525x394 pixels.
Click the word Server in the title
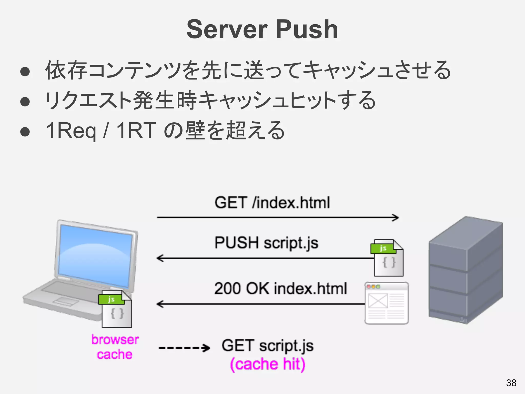click(227, 29)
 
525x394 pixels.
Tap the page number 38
click(511, 383)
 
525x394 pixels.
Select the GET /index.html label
click(272, 203)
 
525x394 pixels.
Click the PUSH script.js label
click(266, 243)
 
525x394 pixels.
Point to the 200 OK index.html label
click(280, 288)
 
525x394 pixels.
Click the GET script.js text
click(267, 346)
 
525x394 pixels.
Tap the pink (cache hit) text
click(267, 364)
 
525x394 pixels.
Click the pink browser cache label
click(115, 347)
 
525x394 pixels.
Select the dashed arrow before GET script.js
click(184, 348)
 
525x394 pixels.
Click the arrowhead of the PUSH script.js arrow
click(160, 258)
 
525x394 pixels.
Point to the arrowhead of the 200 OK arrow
click(160, 304)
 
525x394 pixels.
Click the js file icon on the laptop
click(116, 309)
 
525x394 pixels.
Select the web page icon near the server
click(386, 303)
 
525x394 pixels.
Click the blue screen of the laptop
click(95, 255)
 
